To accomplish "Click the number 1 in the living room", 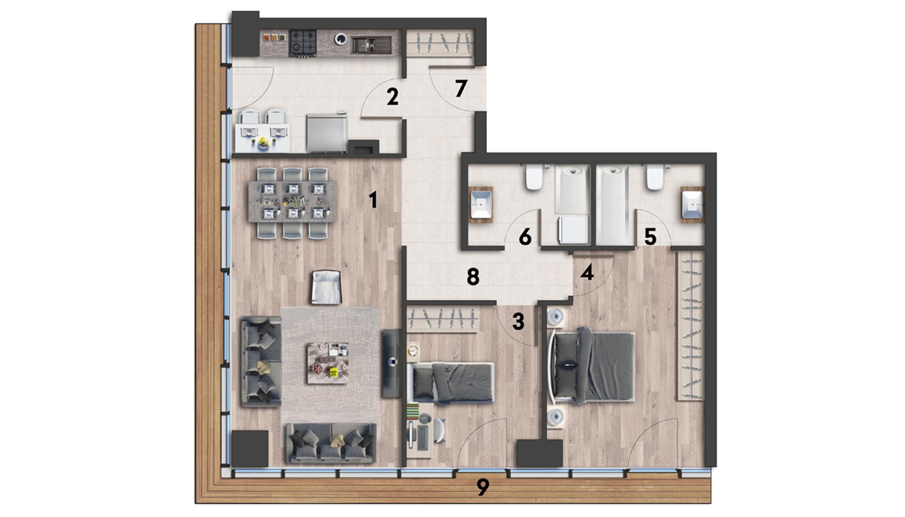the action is pos(373,200).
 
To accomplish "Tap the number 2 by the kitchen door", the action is pos(392,97).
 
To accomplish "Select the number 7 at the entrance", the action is pos(461,89).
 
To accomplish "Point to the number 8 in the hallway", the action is pos(473,277).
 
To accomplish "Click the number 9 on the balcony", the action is pos(483,487).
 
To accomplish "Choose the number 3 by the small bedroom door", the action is pos(518,322).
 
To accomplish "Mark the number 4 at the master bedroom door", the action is pos(587,273).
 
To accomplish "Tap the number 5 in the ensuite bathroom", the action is pos(650,237).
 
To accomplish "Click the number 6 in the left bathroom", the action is pos(525,237).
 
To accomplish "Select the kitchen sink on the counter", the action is pos(371,45).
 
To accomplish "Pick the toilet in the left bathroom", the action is pos(534,178).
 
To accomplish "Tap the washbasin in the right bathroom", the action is pos(692,205).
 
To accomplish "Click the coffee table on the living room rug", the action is pos(328,363).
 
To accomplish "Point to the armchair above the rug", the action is pos(326,287).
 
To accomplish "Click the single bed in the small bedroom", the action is pos(453,383).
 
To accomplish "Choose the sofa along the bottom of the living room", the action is pos(331,443).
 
